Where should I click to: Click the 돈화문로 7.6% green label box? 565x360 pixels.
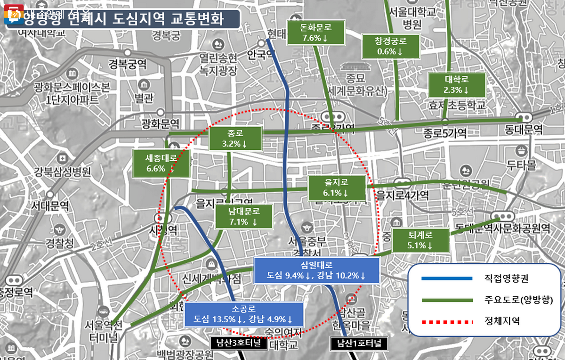click(x=316, y=33)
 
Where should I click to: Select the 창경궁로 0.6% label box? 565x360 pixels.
click(x=390, y=46)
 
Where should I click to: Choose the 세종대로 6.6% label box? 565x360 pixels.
click(x=161, y=163)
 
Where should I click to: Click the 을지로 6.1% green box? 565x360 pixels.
click(x=336, y=188)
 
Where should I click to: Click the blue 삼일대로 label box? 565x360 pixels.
click(x=316, y=270)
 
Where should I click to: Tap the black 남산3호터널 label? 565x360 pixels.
click(x=235, y=343)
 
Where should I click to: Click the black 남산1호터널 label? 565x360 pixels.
click(x=359, y=344)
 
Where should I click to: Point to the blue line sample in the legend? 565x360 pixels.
click(x=445, y=278)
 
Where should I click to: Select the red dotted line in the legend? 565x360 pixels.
click(x=445, y=322)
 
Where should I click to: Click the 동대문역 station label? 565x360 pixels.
click(x=525, y=128)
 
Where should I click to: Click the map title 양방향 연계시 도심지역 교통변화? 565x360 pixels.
click(x=124, y=19)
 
